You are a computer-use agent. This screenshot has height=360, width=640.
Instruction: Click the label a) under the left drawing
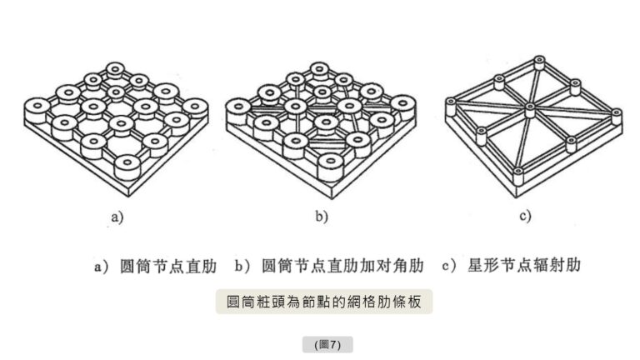[x=117, y=218]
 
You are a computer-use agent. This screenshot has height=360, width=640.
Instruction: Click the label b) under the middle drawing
[x=321, y=218]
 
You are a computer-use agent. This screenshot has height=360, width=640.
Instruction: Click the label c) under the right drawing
[x=525, y=218]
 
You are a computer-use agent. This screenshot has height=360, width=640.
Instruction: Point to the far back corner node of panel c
[x=539, y=62]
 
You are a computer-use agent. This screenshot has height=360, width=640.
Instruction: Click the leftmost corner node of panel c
[x=452, y=104]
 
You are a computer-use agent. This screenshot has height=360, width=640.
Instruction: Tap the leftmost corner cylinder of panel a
[x=36, y=106]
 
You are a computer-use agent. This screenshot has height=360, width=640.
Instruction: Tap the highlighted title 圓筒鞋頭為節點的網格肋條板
[x=324, y=301]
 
